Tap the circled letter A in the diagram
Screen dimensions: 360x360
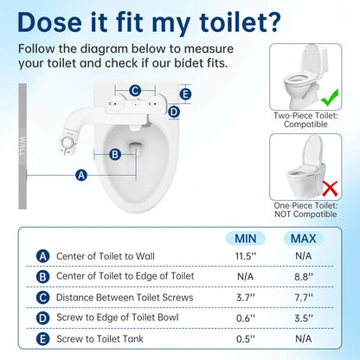click(81, 175)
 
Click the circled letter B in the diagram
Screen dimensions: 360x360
click(114, 154)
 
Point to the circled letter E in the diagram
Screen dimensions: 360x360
click(186, 94)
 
